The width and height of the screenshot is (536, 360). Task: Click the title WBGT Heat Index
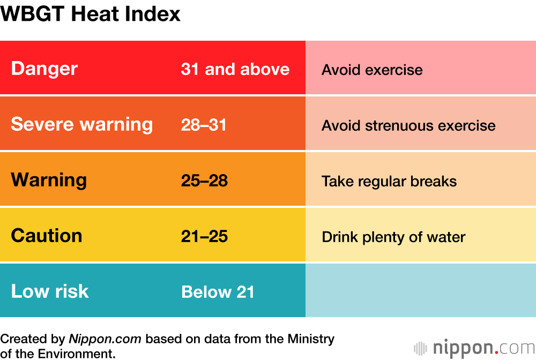coord(91,14)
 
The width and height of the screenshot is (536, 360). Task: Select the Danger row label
coord(44,69)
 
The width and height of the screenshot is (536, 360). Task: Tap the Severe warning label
coord(82,124)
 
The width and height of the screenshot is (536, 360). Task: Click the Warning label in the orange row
coord(49,179)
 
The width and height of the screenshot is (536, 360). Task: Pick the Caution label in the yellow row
coord(47,236)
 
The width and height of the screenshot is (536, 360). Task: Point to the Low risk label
coord(50,291)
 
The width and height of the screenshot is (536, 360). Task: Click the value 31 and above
coord(235,69)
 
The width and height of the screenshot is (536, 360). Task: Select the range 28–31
coord(204,125)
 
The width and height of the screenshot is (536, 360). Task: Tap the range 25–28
coord(204,181)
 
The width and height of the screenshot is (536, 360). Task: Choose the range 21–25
coord(204,236)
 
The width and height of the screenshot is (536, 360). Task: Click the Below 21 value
coord(218,292)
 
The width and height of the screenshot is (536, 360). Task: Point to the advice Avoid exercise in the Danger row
coord(372,70)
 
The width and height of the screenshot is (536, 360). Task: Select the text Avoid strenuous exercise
coord(408,125)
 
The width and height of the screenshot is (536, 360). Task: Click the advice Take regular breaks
coord(389,181)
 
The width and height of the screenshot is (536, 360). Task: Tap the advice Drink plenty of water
coord(393,237)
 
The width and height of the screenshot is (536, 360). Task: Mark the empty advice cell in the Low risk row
coord(421,290)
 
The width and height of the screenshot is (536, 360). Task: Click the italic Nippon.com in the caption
coord(105,339)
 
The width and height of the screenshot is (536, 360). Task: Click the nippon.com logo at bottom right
coord(474,348)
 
